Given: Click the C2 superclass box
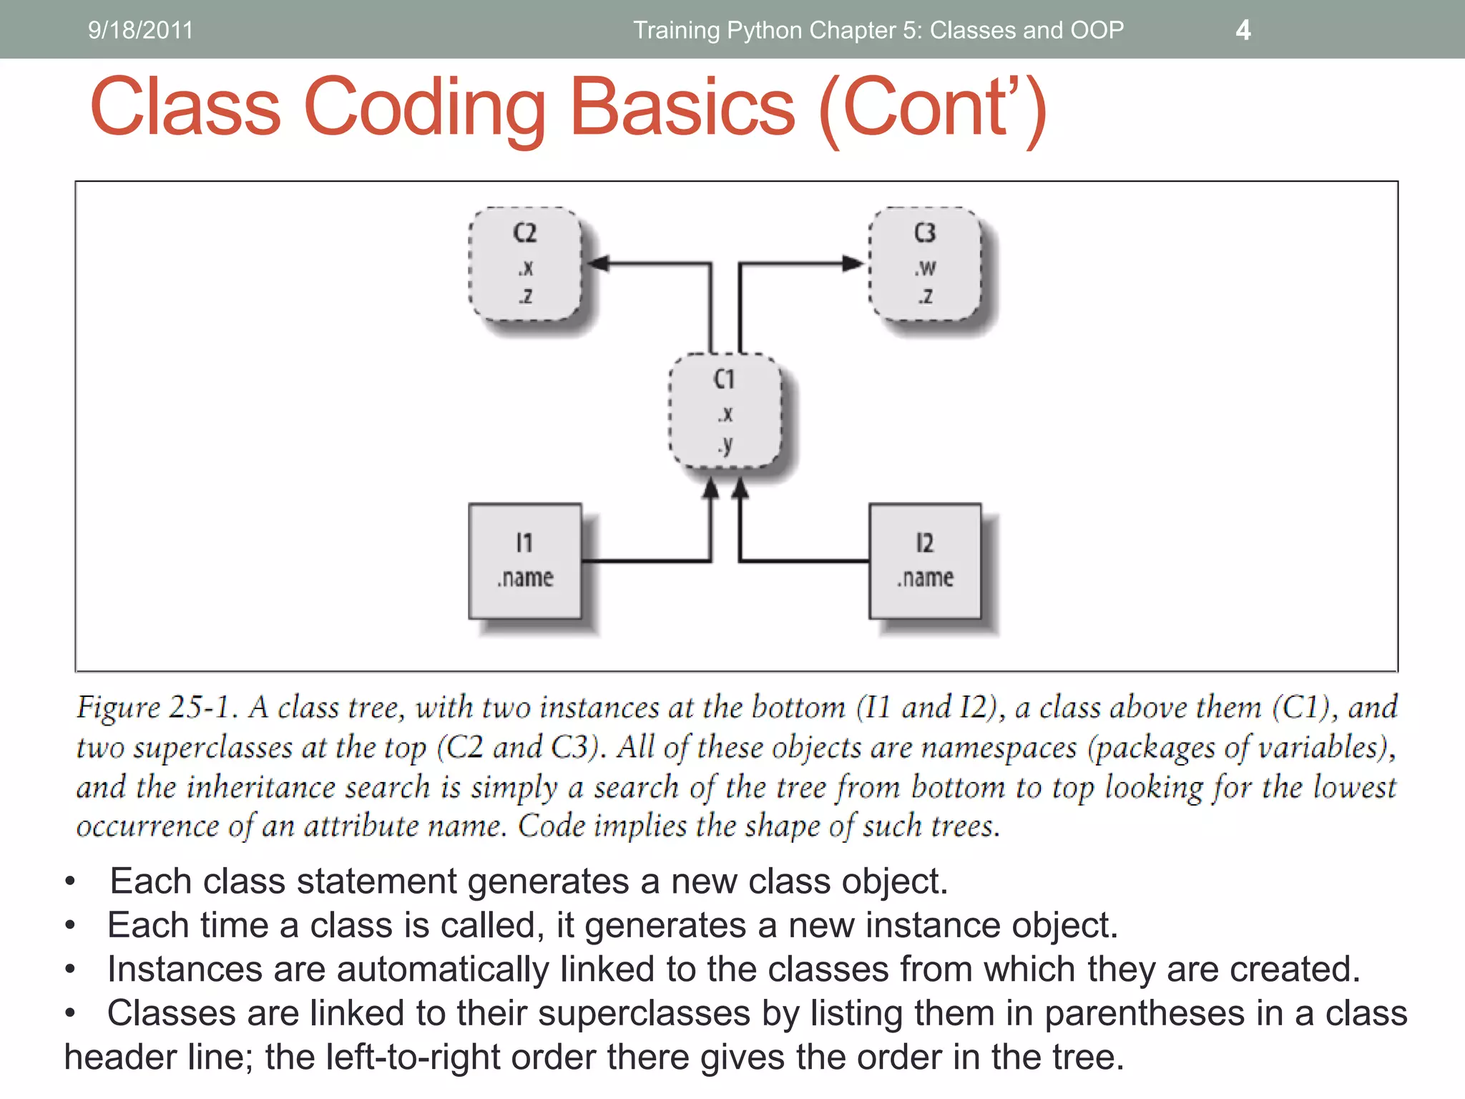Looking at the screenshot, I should click(525, 264).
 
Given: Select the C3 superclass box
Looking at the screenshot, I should click(925, 264).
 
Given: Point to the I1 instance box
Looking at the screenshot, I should click(525, 561).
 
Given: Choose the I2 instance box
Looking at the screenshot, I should click(925, 561).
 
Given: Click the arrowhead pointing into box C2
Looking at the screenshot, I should click(598, 263).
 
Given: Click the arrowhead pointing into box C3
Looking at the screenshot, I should click(853, 263).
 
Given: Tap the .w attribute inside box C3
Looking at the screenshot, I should click(925, 268).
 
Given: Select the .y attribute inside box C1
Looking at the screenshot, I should click(725, 445).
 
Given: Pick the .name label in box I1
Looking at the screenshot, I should click(525, 577).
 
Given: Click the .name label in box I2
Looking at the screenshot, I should click(925, 577).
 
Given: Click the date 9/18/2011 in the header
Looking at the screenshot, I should click(140, 30).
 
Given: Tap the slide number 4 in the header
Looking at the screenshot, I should click(1243, 30).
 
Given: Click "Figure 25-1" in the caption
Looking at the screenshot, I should click(156, 707).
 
